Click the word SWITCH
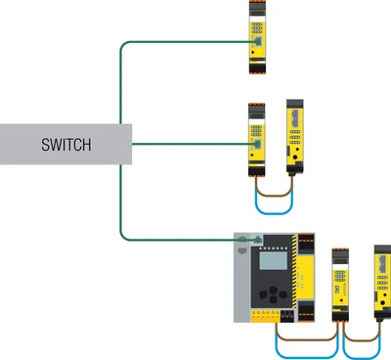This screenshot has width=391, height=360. click(x=65, y=145)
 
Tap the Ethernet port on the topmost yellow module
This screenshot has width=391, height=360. click(x=258, y=42)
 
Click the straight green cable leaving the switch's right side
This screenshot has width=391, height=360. click(x=194, y=144)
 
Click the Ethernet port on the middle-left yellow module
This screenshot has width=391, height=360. click(x=258, y=144)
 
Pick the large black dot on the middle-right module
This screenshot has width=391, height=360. click(x=295, y=157)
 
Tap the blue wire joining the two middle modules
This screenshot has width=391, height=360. click(x=274, y=213)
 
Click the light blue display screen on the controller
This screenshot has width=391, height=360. click(x=274, y=260)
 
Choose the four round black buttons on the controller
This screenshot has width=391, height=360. click(x=273, y=294)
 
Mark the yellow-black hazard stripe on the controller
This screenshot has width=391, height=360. click(x=294, y=271)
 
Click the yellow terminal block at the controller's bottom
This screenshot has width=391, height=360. click(x=266, y=316)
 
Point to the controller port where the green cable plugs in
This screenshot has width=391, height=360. click(x=258, y=239)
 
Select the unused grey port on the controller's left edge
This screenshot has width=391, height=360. click(x=241, y=250)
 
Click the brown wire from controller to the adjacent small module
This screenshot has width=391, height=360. click(x=306, y=339)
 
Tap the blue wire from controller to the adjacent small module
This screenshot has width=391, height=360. click(x=306, y=357)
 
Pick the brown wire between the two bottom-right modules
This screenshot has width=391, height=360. click(x=362, y=340)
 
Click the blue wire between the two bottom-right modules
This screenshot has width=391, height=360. click(x=362, y=357)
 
